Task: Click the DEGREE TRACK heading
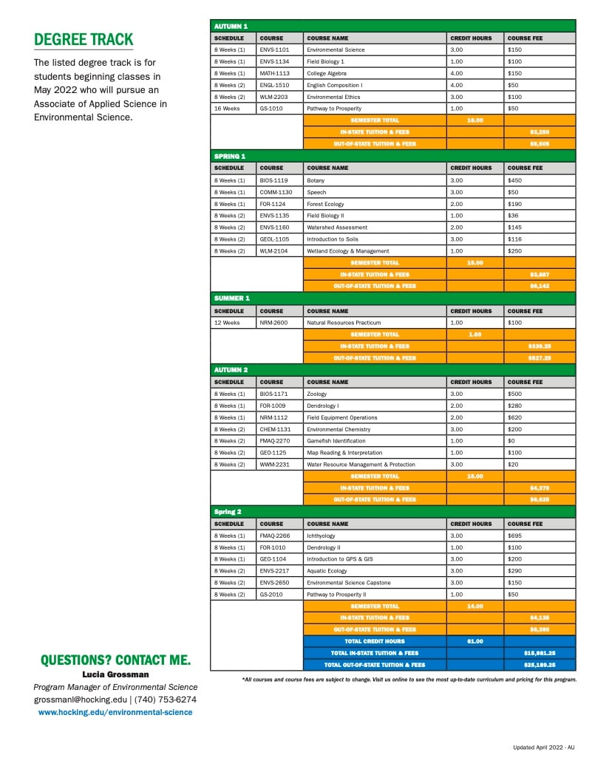pos(84,39)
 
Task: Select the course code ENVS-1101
pos(274,49)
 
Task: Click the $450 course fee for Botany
pos(515,180)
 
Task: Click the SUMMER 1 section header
pos(231,298)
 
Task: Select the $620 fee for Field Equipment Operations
pos(515,417)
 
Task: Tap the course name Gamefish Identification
pos(336,441)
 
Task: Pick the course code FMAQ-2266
pos(276,536)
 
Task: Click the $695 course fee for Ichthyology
pos(515,536)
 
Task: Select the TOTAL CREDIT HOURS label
pos(375,641)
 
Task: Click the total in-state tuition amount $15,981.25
pos(540,653)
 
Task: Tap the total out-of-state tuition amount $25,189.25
pos(540,665)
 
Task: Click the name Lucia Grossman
pos(115,674)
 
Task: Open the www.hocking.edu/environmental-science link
pos(115,712)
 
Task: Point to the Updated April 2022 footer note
pos(543,748)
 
